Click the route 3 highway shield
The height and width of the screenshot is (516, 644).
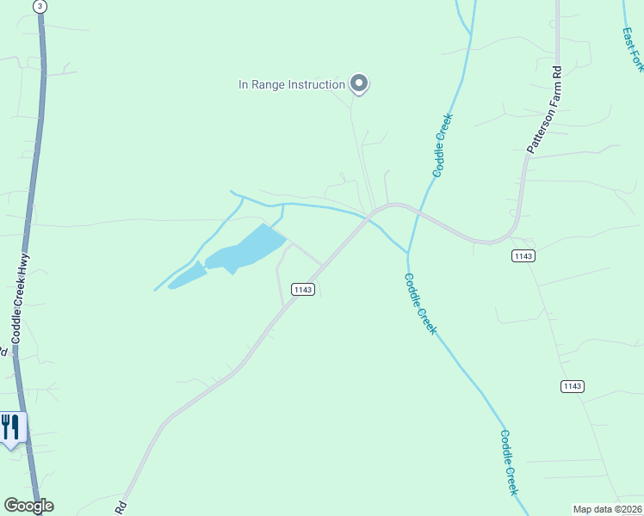click(x=39, y=6)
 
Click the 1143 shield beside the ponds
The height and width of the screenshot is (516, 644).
click(x=302, y=290)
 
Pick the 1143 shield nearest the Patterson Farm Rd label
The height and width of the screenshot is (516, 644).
click(x=523, y=256)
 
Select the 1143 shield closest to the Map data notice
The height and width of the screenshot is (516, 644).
click(x=573, y=386)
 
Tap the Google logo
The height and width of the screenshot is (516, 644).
click(x=28, y=506)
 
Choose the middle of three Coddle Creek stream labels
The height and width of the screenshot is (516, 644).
click(x=420, y=304)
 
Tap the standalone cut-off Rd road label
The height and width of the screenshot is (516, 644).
click(x=121, y=507)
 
